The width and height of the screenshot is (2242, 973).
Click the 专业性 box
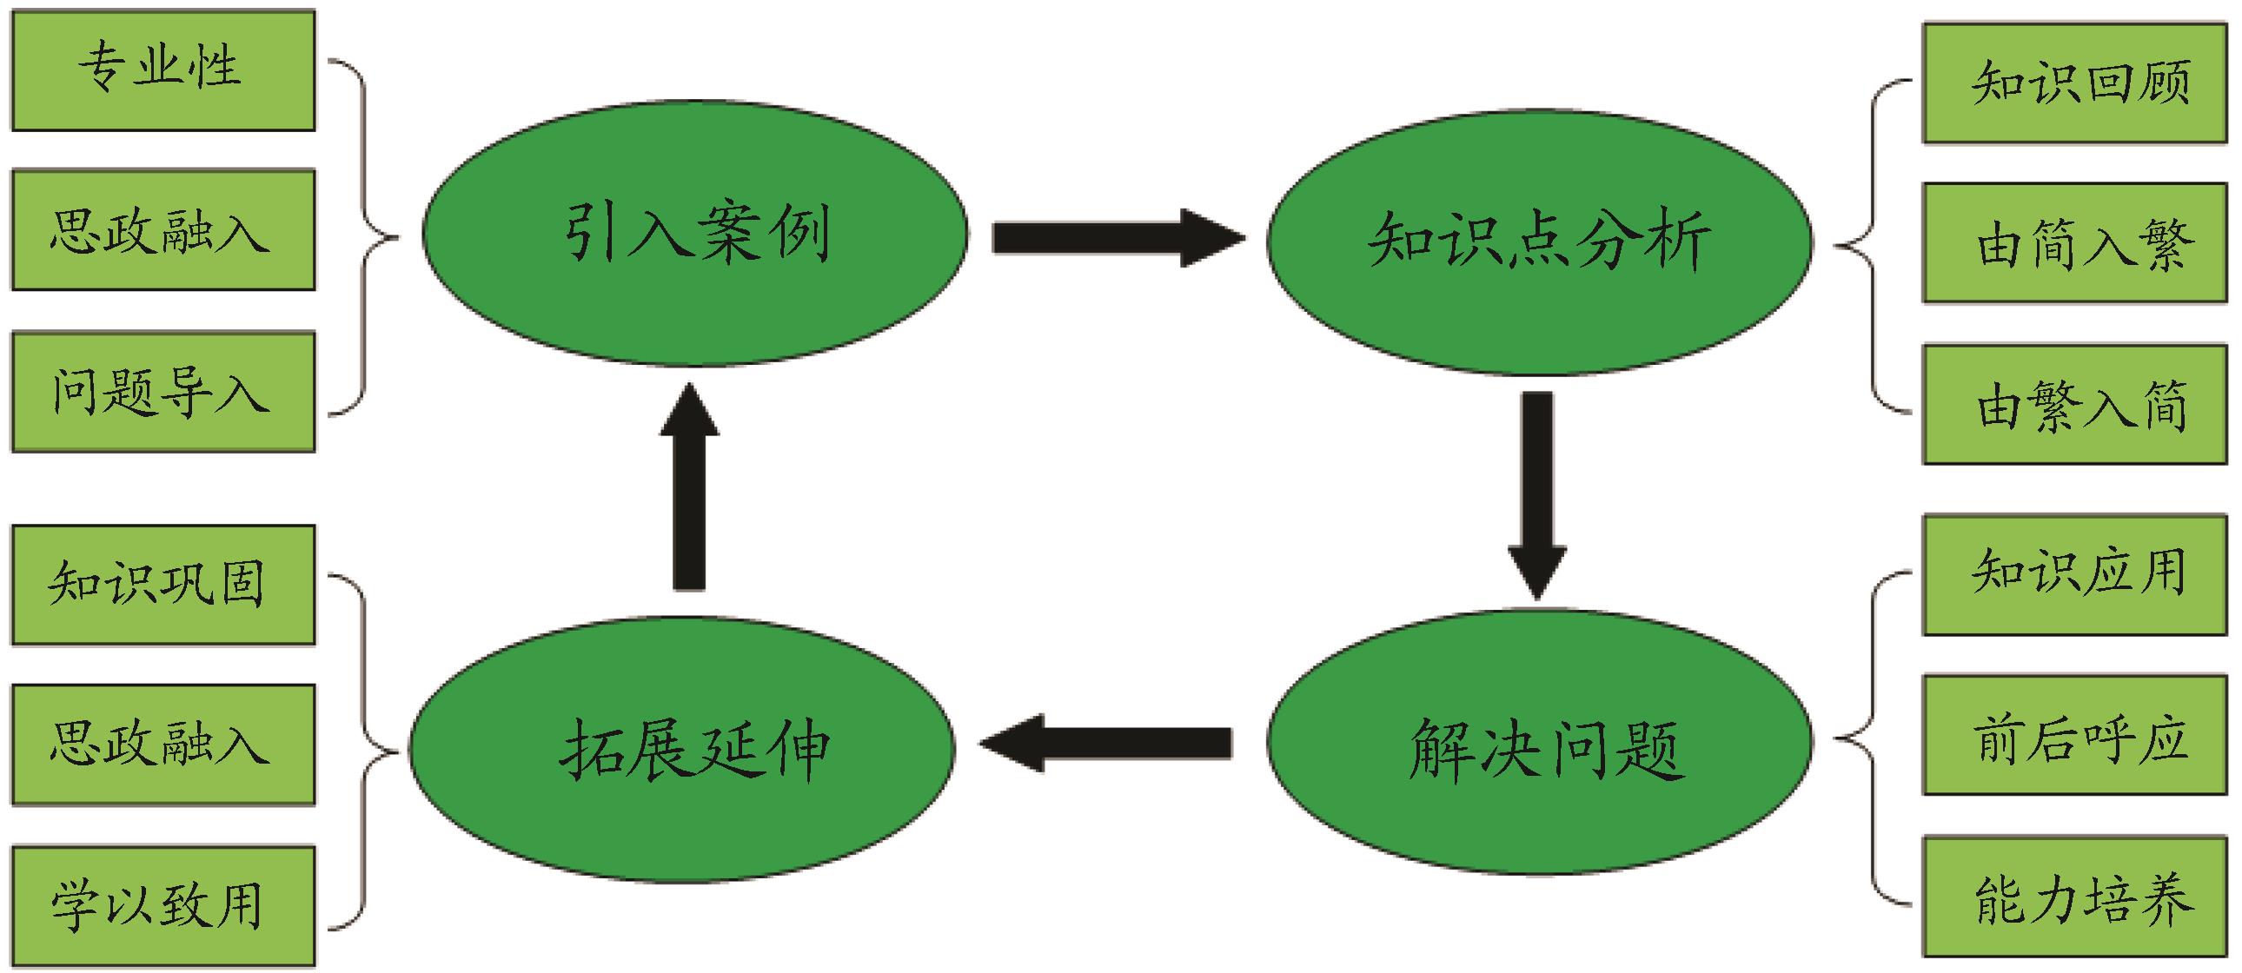163,69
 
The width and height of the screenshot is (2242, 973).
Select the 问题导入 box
163,392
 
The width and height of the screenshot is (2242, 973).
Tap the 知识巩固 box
163,585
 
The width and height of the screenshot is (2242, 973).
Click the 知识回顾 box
2074,83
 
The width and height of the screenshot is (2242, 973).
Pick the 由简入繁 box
2074,244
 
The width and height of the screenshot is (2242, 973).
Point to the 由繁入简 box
2074,405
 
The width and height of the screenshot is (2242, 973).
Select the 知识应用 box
2074,574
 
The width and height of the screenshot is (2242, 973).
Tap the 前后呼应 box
2074,736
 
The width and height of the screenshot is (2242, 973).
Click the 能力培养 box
2074,897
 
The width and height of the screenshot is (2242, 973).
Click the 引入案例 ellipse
694,233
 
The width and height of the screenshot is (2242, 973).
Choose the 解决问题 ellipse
1539,745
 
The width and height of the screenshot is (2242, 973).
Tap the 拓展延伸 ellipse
682,749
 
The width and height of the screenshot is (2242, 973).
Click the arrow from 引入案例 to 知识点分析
1118,236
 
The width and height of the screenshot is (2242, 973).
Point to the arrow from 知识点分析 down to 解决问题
1537,493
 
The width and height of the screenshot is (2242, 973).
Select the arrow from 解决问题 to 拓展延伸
1105,743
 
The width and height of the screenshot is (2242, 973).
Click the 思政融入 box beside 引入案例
163,230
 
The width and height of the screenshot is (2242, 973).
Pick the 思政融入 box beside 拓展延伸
163,745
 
